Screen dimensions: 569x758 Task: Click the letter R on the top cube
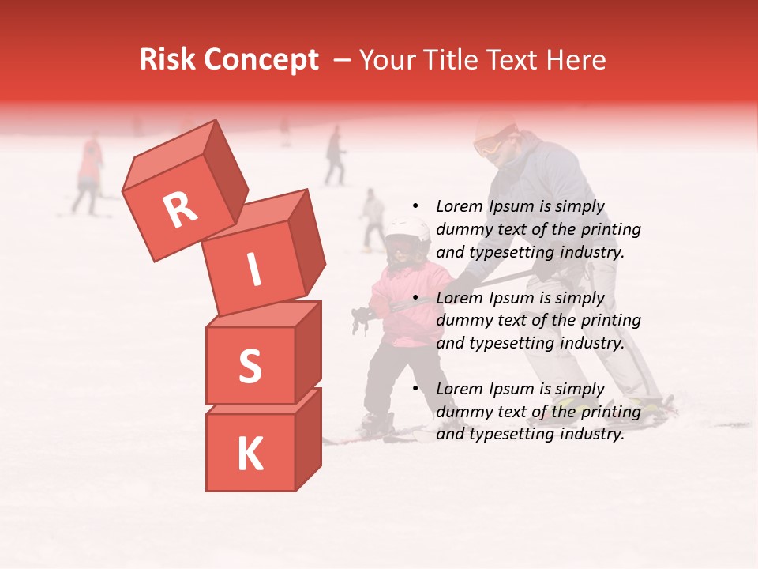pyautogui.click(x=180, y=211)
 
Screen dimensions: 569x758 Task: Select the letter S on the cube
pyautogui.click(x=250, y=366)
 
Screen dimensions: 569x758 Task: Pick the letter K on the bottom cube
pyautogui.click(x=250, y=454)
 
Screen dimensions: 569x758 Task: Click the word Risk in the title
pyautogui.click(x=167, y=60)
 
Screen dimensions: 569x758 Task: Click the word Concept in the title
pyautogui.click(x=260, y=61)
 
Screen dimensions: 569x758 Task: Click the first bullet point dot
pyautogui.click(x=415, y=207)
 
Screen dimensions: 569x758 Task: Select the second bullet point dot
pyautogui.click(x=415, y=299)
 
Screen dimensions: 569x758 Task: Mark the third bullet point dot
pyautogui.click(x=415, y=390)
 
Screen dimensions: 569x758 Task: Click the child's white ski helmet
pyautogui.click(x=407, y=232)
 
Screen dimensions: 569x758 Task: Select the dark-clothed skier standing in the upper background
pyautogui.click(x=336, y=156)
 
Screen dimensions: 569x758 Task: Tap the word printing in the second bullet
pyautogui.click(x=610, y=321)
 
